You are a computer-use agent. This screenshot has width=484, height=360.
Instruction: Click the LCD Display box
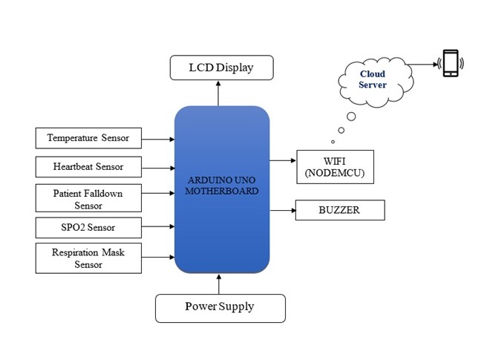[x=221, y=68]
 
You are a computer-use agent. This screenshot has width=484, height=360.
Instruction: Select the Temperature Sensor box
[x=88, y=138]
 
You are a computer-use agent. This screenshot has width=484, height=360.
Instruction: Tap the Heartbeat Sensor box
[x=88, y=166]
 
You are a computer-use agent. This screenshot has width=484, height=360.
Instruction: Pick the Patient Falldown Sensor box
[x=88, y=199]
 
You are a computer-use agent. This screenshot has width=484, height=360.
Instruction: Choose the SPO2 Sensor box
[x=88, y=227]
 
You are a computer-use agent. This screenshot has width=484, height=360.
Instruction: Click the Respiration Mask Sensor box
[x=88, y=258]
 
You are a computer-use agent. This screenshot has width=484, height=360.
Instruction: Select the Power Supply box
[x=220, y=307]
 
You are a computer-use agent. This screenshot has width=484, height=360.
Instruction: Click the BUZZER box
[x=340, y=210]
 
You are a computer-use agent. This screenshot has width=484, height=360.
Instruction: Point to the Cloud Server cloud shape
[x=373, y=79]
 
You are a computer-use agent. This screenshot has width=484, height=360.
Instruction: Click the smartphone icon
[x=450, y=63]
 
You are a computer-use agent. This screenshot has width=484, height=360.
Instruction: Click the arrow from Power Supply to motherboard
[x=219, y=283]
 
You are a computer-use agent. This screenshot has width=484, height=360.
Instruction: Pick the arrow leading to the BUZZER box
[x=282, y=210]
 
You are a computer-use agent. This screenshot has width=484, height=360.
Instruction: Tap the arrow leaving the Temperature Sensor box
[x=157, y=138]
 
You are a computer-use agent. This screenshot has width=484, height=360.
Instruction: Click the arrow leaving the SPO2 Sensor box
[x=157, y=227]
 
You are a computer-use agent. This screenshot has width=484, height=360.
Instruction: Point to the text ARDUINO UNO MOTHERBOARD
[x=221, y=185]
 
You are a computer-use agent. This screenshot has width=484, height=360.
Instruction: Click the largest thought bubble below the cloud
[x=351, y=116]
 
